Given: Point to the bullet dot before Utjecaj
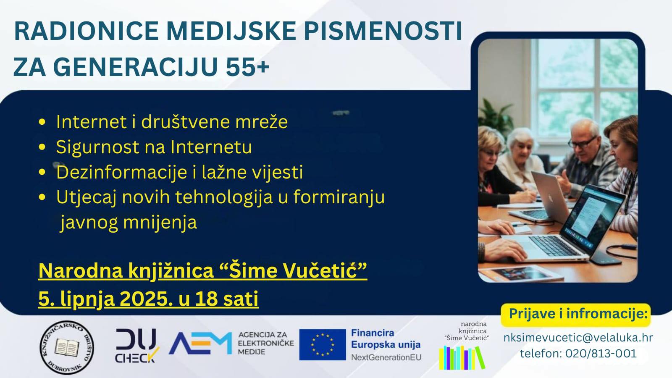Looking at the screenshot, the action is click(x=42, y=197).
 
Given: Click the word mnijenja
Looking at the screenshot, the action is click(x=160, y=223).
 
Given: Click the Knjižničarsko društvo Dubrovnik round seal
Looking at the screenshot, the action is click(x=67, y=347).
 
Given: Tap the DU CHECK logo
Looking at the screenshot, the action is click(x=137, y=346).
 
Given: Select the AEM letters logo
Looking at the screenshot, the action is click(x=200, y=343).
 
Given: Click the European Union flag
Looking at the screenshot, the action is click(x=323, y=344).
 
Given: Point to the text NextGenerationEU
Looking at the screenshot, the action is click(x=386, y=357).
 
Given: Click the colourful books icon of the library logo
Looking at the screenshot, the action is click(x=462, y=357).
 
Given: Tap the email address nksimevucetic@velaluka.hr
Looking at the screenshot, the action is click(x=578, y=338).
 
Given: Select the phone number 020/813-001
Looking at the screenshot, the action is click(x=601, y=353).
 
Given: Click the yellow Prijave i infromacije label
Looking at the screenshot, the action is click(x=576, y=314).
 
